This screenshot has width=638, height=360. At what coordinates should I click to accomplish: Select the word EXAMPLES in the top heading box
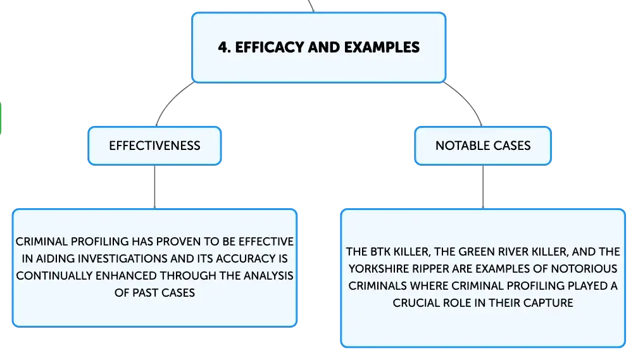tap(382, 47)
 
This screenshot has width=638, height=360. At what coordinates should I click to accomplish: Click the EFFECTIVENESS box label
tap(154, 146)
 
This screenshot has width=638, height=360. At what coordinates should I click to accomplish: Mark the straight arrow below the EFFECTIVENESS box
tap(154, 187)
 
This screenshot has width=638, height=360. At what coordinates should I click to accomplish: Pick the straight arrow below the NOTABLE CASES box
tap(483, 187)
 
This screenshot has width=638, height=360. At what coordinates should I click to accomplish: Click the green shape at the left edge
tap(1, 118)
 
